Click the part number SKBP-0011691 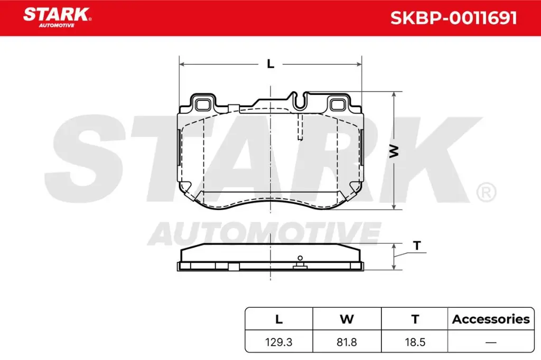[x=453, y=18]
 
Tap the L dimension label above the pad [x=270, y=64]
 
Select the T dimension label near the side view [x=417, y=245]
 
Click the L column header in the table [x=279, y=319]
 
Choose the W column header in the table [x=347, y=319]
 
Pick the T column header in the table [x=415, y=319]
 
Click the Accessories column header [x=491, y=319]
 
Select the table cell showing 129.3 [x=279, y=342]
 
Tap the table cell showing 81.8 [x=347, y=342]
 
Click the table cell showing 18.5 [x=415, y=342]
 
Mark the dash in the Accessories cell [x=491, y=342]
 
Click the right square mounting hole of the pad [x=338, y=103]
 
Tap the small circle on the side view [x=300, y=258]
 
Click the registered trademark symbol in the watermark [x=486, y=192]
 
